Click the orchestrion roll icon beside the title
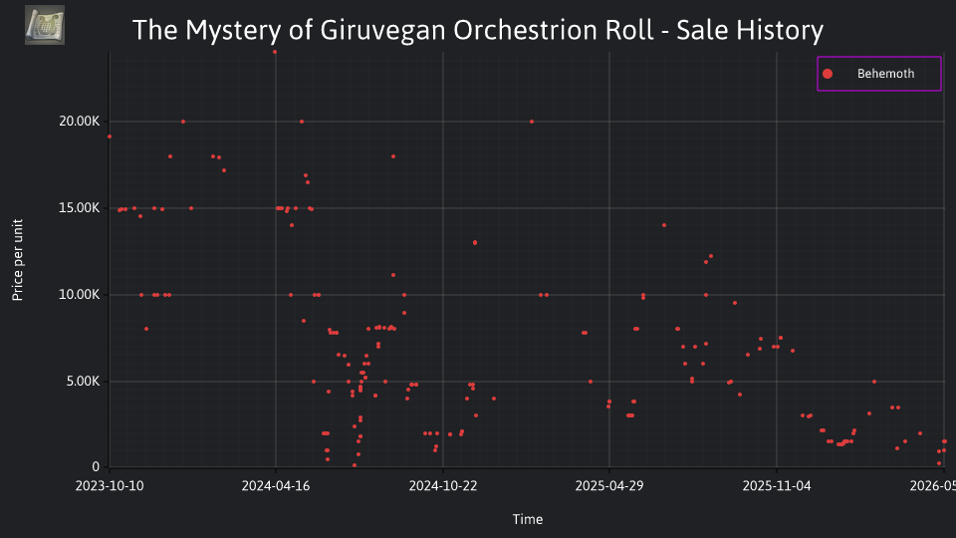point(45,25)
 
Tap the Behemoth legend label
point(885,74)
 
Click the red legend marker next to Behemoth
point(828,74)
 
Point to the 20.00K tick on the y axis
point(80,122)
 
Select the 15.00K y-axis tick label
point(80,208)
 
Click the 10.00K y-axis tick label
point(80,295)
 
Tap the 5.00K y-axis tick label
point(83,382)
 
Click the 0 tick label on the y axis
point(96,467)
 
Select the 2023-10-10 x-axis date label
point(110,486)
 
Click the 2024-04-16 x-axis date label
point(276,486)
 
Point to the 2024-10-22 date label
point(442,486)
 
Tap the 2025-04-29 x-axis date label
point(609,486)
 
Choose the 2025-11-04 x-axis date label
point(777,486)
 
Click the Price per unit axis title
point(18,260)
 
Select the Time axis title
point(528,520)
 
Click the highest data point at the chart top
point(275,53)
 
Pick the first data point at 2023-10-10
point(110,136)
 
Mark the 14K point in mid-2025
point(664,226)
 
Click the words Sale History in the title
point(750,31)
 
